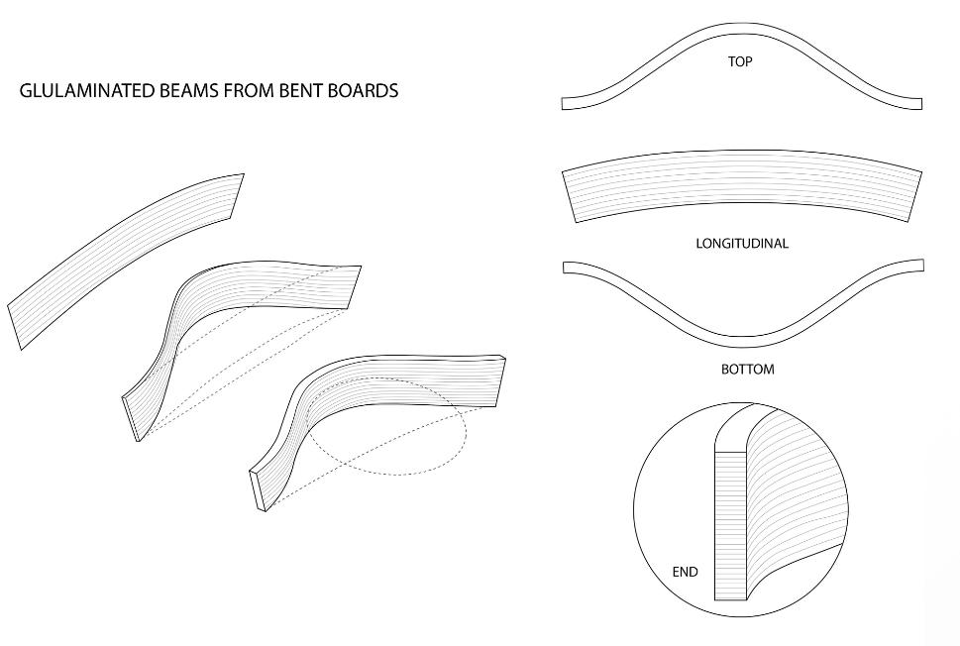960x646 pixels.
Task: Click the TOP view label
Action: (x=740, y=61)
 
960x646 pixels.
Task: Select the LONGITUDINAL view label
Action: (x=742, y=244)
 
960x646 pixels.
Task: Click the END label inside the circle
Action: (x=685, y=572)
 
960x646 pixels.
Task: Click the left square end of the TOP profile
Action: (x=566, y=103)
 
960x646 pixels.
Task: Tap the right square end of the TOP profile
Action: (x=917, y=103)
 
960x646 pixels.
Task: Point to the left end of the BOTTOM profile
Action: (x=567, y=267)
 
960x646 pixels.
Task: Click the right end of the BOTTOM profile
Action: (x=918, y=266)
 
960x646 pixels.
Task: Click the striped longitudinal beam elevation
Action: (x=741, y=193)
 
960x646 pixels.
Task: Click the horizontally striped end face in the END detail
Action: (x=729, y=525)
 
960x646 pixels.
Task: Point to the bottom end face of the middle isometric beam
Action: (x=131, y=418)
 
